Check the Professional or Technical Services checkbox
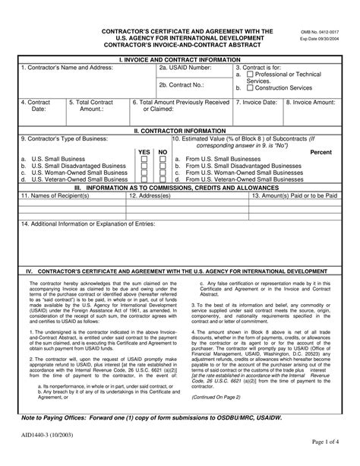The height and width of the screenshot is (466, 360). pyautogui.click(x=249, y=74)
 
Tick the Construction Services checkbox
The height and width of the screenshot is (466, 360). pyautogui.click(x=249, y=88)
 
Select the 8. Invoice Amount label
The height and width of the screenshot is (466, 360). pyautogui.click(x=311, y=101)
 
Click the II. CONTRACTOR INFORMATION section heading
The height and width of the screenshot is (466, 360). pyautogui.click(x=180, y=130)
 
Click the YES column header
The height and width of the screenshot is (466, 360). pyautogui.click(x=144, y=151)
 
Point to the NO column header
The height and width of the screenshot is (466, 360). pyautogui.click(x=162, y=151)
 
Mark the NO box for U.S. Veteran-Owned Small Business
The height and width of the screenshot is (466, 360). pyautogui.click(x=162, y=179)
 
